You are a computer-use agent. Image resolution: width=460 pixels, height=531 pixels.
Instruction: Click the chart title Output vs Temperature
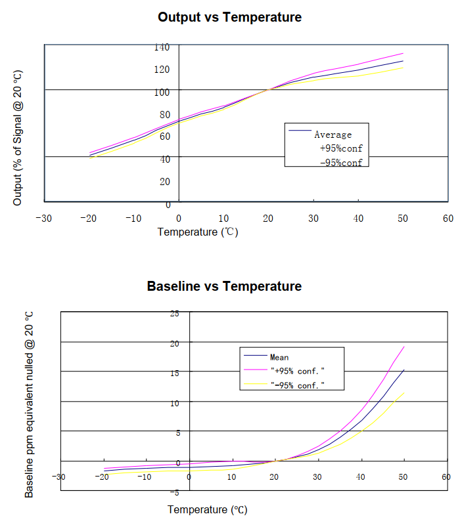(229, 17)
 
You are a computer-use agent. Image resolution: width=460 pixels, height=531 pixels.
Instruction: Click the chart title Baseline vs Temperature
(224, 286)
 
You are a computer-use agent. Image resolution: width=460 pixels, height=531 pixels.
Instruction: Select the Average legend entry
(333, 135)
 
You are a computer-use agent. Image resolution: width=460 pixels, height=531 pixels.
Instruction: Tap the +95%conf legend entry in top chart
(340, 148)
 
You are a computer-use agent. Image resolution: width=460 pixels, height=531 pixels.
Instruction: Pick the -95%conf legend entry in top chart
(340, 162)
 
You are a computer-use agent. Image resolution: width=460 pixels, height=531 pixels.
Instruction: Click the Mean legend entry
(279, 358)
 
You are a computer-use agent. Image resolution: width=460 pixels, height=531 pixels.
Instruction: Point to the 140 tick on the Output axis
(162, 47)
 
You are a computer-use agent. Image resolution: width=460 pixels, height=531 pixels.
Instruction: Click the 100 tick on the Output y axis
(162, 92)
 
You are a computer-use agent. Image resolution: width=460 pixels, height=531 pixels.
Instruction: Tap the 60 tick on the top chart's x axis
(448, 217)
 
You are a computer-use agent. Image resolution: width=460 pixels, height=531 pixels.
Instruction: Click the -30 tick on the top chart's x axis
(44, 217)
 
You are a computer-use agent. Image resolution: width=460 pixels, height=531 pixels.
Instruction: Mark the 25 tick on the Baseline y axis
(174, 313)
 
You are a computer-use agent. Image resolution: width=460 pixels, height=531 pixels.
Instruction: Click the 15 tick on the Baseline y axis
(174, 373)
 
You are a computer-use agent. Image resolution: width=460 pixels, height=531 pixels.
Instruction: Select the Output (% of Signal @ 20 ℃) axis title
(18, 137)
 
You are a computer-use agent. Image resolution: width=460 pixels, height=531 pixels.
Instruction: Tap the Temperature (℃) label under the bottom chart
(208, 509)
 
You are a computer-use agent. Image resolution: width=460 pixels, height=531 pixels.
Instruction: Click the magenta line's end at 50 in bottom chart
(403, 347)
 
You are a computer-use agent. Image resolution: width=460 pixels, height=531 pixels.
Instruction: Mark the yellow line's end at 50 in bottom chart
(403, 393)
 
